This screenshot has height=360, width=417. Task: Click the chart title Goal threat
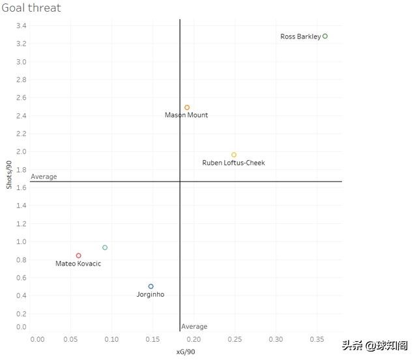pos(32,8)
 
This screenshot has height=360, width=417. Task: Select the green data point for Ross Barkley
pos(325,36)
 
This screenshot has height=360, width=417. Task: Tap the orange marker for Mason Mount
pos(187,107)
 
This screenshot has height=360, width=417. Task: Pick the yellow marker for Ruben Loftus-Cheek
pos(234,155)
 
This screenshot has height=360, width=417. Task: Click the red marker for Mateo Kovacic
pos(79,256)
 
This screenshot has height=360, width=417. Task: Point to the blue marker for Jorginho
pos(151,286)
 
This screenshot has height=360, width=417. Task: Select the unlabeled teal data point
pos(105,247)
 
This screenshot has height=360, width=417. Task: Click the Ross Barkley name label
pos(300,37)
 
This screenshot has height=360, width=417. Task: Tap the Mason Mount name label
pos(186,115)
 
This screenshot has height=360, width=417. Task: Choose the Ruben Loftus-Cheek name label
pos(234,163)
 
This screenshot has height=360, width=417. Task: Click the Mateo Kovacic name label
pos(78,264)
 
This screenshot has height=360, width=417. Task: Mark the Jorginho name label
pos(151,295)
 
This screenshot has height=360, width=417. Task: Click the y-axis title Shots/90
pos(9,176)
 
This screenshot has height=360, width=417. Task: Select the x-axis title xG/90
pos(186,352)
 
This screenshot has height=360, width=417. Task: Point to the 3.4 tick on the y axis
pos(22,26)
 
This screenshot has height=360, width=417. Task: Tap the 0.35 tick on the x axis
pos(317,340)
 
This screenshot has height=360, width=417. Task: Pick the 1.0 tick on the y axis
pos(22,242)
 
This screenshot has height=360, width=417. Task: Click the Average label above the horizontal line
pos(44,176)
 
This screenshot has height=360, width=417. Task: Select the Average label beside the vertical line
pos(194,327)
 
